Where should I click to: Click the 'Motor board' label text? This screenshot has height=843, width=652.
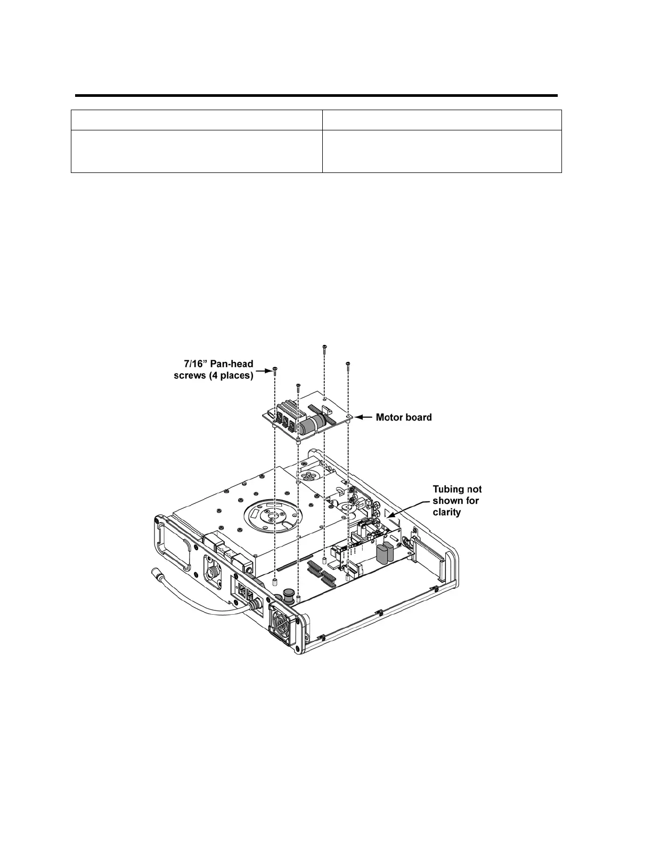click(x=404, y=418)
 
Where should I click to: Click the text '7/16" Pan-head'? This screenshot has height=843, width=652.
click(x=216, y=365)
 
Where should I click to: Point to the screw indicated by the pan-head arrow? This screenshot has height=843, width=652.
click(x=275, y=369)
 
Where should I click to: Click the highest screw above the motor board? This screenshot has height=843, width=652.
click(x=324, y=349)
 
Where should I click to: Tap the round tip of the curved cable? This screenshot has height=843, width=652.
click(x=158, y=574)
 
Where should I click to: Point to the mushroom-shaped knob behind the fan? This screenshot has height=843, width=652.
click(x=290, y=594)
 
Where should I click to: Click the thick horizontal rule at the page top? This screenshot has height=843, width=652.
click(x=316, y=96)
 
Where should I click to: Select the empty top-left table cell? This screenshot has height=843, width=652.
click(x=197, y=120)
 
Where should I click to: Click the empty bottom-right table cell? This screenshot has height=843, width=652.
click(x=442, y=151)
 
